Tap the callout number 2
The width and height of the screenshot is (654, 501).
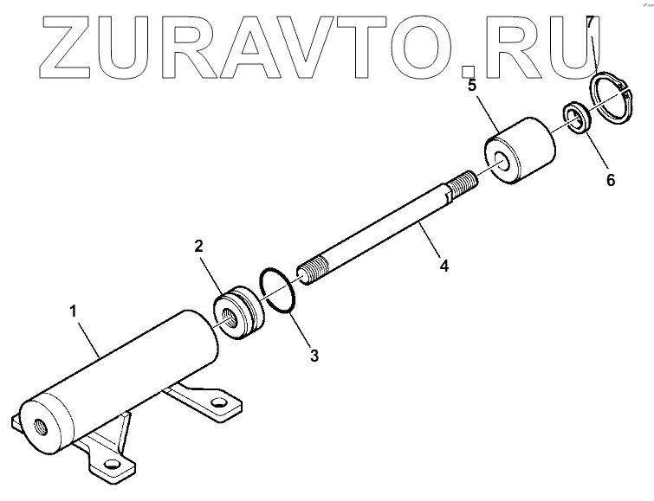pos(198,246)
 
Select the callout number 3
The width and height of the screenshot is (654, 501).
pos(314,355)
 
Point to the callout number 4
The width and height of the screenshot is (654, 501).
pos(444,267)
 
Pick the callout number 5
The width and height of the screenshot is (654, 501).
pos(472,86)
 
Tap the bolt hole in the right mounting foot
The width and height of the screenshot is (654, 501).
pos(218,404)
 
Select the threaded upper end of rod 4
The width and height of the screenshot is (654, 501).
pos(461,183)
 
